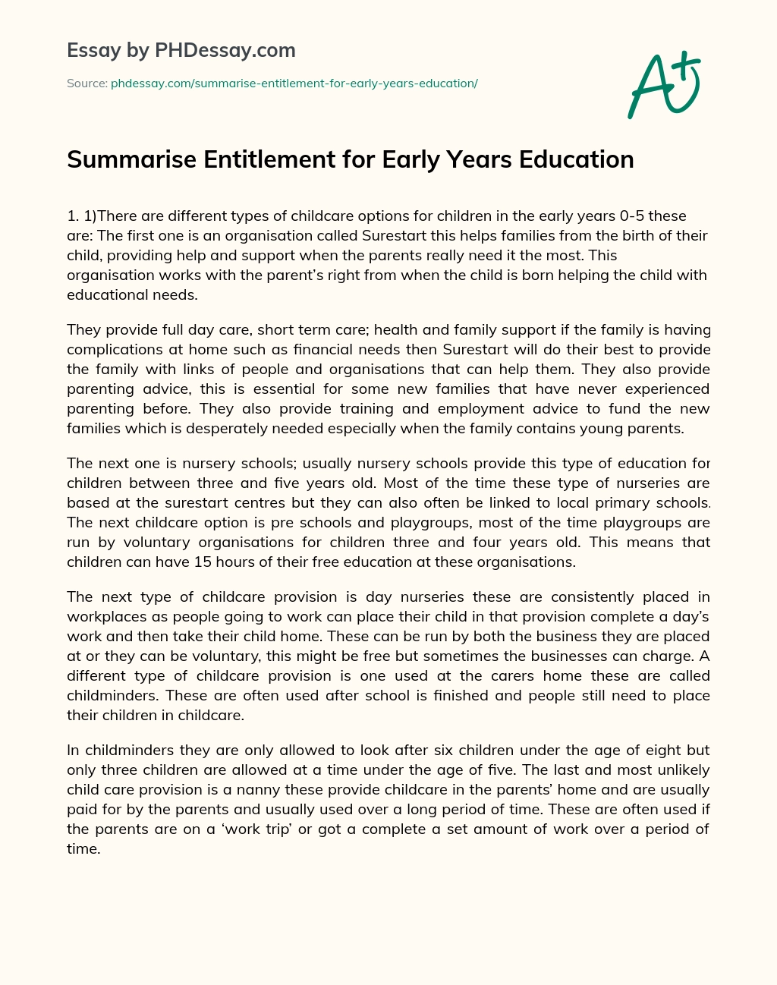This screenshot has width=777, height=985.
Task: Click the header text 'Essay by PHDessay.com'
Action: [x=181, y=51]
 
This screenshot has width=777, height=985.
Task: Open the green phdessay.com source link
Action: [x=294, y=83]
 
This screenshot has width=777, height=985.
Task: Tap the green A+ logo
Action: [x=664, y=84]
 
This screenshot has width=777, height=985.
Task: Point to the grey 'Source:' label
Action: [x=87, y=83]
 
